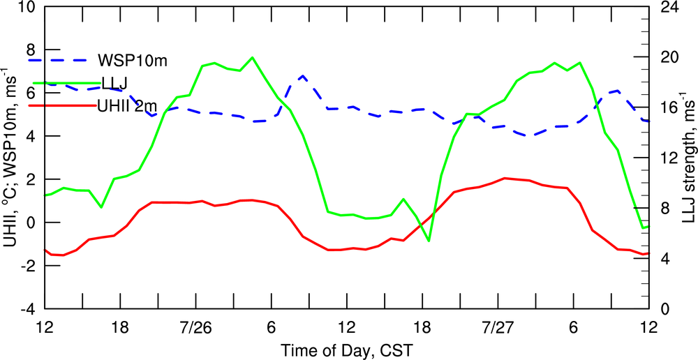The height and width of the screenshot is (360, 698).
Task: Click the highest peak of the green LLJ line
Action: click(252, 57)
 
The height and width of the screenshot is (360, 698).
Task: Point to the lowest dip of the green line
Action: click(429, 241)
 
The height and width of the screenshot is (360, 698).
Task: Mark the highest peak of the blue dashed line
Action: click(302, 75)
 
